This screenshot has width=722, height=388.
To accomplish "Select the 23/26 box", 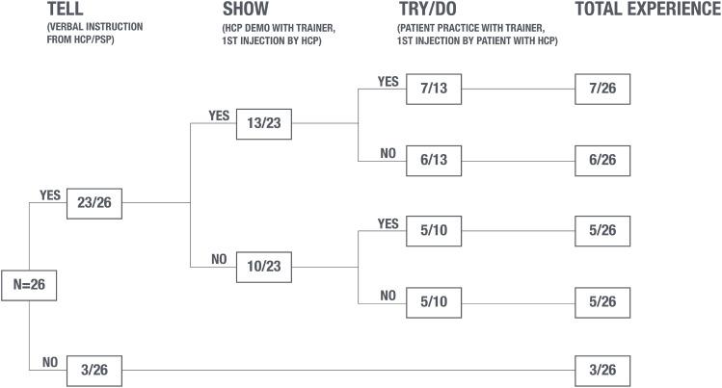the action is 94,203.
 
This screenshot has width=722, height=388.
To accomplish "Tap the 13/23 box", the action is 264,123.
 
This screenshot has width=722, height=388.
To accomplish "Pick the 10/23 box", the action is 264,266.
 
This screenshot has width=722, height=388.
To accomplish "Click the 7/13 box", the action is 434,89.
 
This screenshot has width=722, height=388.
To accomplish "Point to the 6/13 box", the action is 434,159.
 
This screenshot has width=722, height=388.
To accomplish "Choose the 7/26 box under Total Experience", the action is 602,89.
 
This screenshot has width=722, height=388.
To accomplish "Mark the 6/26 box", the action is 602,159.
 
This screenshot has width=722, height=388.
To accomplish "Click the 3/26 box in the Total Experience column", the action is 602,371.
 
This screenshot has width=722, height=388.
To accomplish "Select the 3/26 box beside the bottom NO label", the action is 94,371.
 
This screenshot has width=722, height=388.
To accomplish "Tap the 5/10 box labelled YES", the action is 434,231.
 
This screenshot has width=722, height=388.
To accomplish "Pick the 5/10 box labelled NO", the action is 434,301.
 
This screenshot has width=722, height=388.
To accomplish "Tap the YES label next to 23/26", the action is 50,194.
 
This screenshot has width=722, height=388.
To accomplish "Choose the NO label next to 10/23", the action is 219,258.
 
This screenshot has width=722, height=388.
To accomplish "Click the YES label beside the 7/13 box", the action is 388,81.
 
